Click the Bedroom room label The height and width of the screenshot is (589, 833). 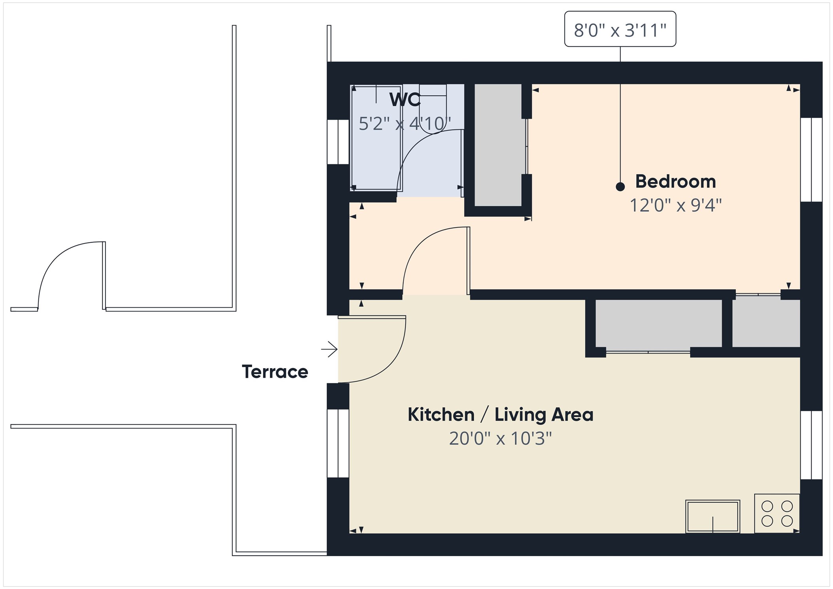tap(675, 182)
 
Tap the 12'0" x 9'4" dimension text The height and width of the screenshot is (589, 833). tap(675, 205)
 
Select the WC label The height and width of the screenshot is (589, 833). tap(405, 100)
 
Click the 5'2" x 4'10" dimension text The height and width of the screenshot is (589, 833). tap(405, 124)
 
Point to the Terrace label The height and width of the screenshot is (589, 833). tap(275, 372)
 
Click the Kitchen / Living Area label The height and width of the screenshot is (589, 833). tap(500, 415)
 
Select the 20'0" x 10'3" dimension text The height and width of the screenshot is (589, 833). tap(500, 438)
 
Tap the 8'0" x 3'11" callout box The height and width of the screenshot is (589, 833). tap(620, 29)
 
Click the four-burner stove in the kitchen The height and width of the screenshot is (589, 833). tap(776, 513)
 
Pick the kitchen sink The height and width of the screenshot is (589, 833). tap(712, 516)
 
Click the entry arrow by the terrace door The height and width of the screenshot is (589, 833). tap(329, 349)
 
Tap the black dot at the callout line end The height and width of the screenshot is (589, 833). tap(620, 187)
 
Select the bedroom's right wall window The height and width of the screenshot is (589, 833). tap(811, 160)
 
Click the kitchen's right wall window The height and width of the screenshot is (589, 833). tap(811, 445)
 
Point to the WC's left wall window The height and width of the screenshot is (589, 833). tap(338, 142)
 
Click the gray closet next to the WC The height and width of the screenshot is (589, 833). tap(498, 145)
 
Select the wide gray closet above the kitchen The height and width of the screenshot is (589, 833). tap(658, 324)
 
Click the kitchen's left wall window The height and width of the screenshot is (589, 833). tap(338, 443)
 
